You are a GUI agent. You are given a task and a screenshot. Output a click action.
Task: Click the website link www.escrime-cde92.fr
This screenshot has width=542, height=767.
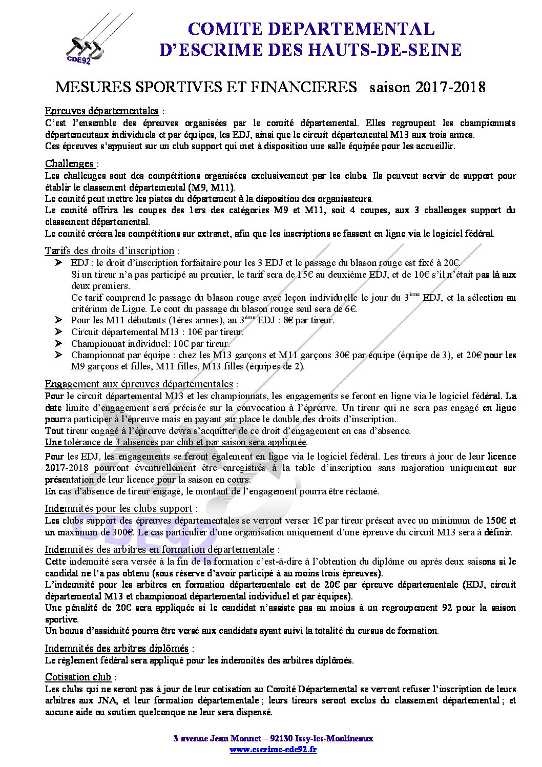[x=273, y=749]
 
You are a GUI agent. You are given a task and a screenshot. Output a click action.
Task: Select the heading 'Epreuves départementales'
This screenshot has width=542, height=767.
[x=102, y=111]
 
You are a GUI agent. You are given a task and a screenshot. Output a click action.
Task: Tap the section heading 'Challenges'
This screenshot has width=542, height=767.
[x=70, y=163]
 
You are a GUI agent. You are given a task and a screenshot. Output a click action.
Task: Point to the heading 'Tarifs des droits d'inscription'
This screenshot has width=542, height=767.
[x=110, y=251]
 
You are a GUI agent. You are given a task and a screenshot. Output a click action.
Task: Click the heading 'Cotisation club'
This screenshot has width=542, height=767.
[x=78, y=677]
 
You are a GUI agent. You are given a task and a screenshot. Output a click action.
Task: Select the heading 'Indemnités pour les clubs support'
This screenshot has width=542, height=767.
[x=118, y=508]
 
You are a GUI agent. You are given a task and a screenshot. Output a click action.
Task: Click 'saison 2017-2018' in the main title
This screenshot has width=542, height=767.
[x=427, y=87]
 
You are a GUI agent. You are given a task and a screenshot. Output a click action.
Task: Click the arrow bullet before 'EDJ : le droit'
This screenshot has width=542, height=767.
[x=58, y=263]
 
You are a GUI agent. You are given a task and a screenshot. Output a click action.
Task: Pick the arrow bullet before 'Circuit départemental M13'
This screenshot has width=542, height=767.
[x=58, y=331]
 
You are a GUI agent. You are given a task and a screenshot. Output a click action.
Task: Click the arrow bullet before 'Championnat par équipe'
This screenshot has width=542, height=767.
[x=58, y=355]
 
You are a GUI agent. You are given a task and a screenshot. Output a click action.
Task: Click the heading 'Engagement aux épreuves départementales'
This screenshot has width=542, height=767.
[x=139, y=384]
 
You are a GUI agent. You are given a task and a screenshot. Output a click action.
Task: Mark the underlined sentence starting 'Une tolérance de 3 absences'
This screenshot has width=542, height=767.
[x=176, y=442]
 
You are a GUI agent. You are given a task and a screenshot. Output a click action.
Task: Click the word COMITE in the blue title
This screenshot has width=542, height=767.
[x=225, y=28]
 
